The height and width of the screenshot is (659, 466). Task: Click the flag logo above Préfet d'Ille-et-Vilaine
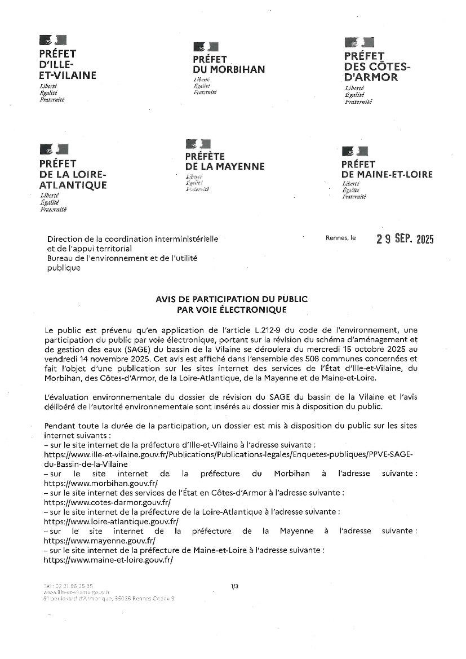(x=53, y=40)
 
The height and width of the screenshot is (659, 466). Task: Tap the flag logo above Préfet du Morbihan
(x=206, y=47)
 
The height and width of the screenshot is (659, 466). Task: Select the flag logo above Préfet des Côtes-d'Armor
(x=359, y=42)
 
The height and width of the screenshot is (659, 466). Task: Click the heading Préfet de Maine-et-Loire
(x=387, y=169)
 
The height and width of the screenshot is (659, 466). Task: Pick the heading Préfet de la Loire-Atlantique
(x=73, y=174)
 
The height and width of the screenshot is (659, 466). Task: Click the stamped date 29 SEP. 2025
(x=405, y=239)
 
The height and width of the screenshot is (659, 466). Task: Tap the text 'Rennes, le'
(x=340, y=238)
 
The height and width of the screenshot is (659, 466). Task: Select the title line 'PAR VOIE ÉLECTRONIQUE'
(x=232, y=309)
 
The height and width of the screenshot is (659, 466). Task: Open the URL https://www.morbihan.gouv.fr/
(x=100, y=483)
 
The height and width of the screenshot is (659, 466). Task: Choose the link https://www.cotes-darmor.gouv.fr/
(x=107, y=502)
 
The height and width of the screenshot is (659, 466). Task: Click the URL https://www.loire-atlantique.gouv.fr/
(x=110, y=521)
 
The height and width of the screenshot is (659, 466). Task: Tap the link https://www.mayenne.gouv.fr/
(x=99, y=541)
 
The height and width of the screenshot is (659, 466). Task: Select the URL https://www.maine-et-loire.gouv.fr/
(x=108, y=560)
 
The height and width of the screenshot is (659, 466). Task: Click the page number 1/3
(x=234, y=586)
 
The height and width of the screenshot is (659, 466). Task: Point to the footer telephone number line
(x=68, y=586)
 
